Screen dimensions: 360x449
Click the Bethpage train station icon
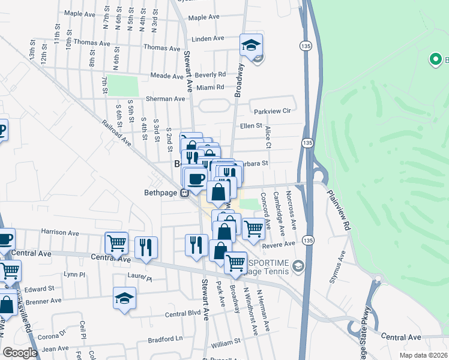185,193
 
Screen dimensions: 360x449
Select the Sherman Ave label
166,98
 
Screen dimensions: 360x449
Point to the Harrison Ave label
59,232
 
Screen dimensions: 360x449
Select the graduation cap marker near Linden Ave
251,45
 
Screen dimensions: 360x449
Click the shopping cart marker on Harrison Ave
116,243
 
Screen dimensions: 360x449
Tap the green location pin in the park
435,59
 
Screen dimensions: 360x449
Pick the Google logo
20,353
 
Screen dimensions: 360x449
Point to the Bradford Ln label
166,338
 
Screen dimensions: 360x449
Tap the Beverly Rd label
210,75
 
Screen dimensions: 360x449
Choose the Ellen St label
251,126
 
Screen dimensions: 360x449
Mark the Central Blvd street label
182,314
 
